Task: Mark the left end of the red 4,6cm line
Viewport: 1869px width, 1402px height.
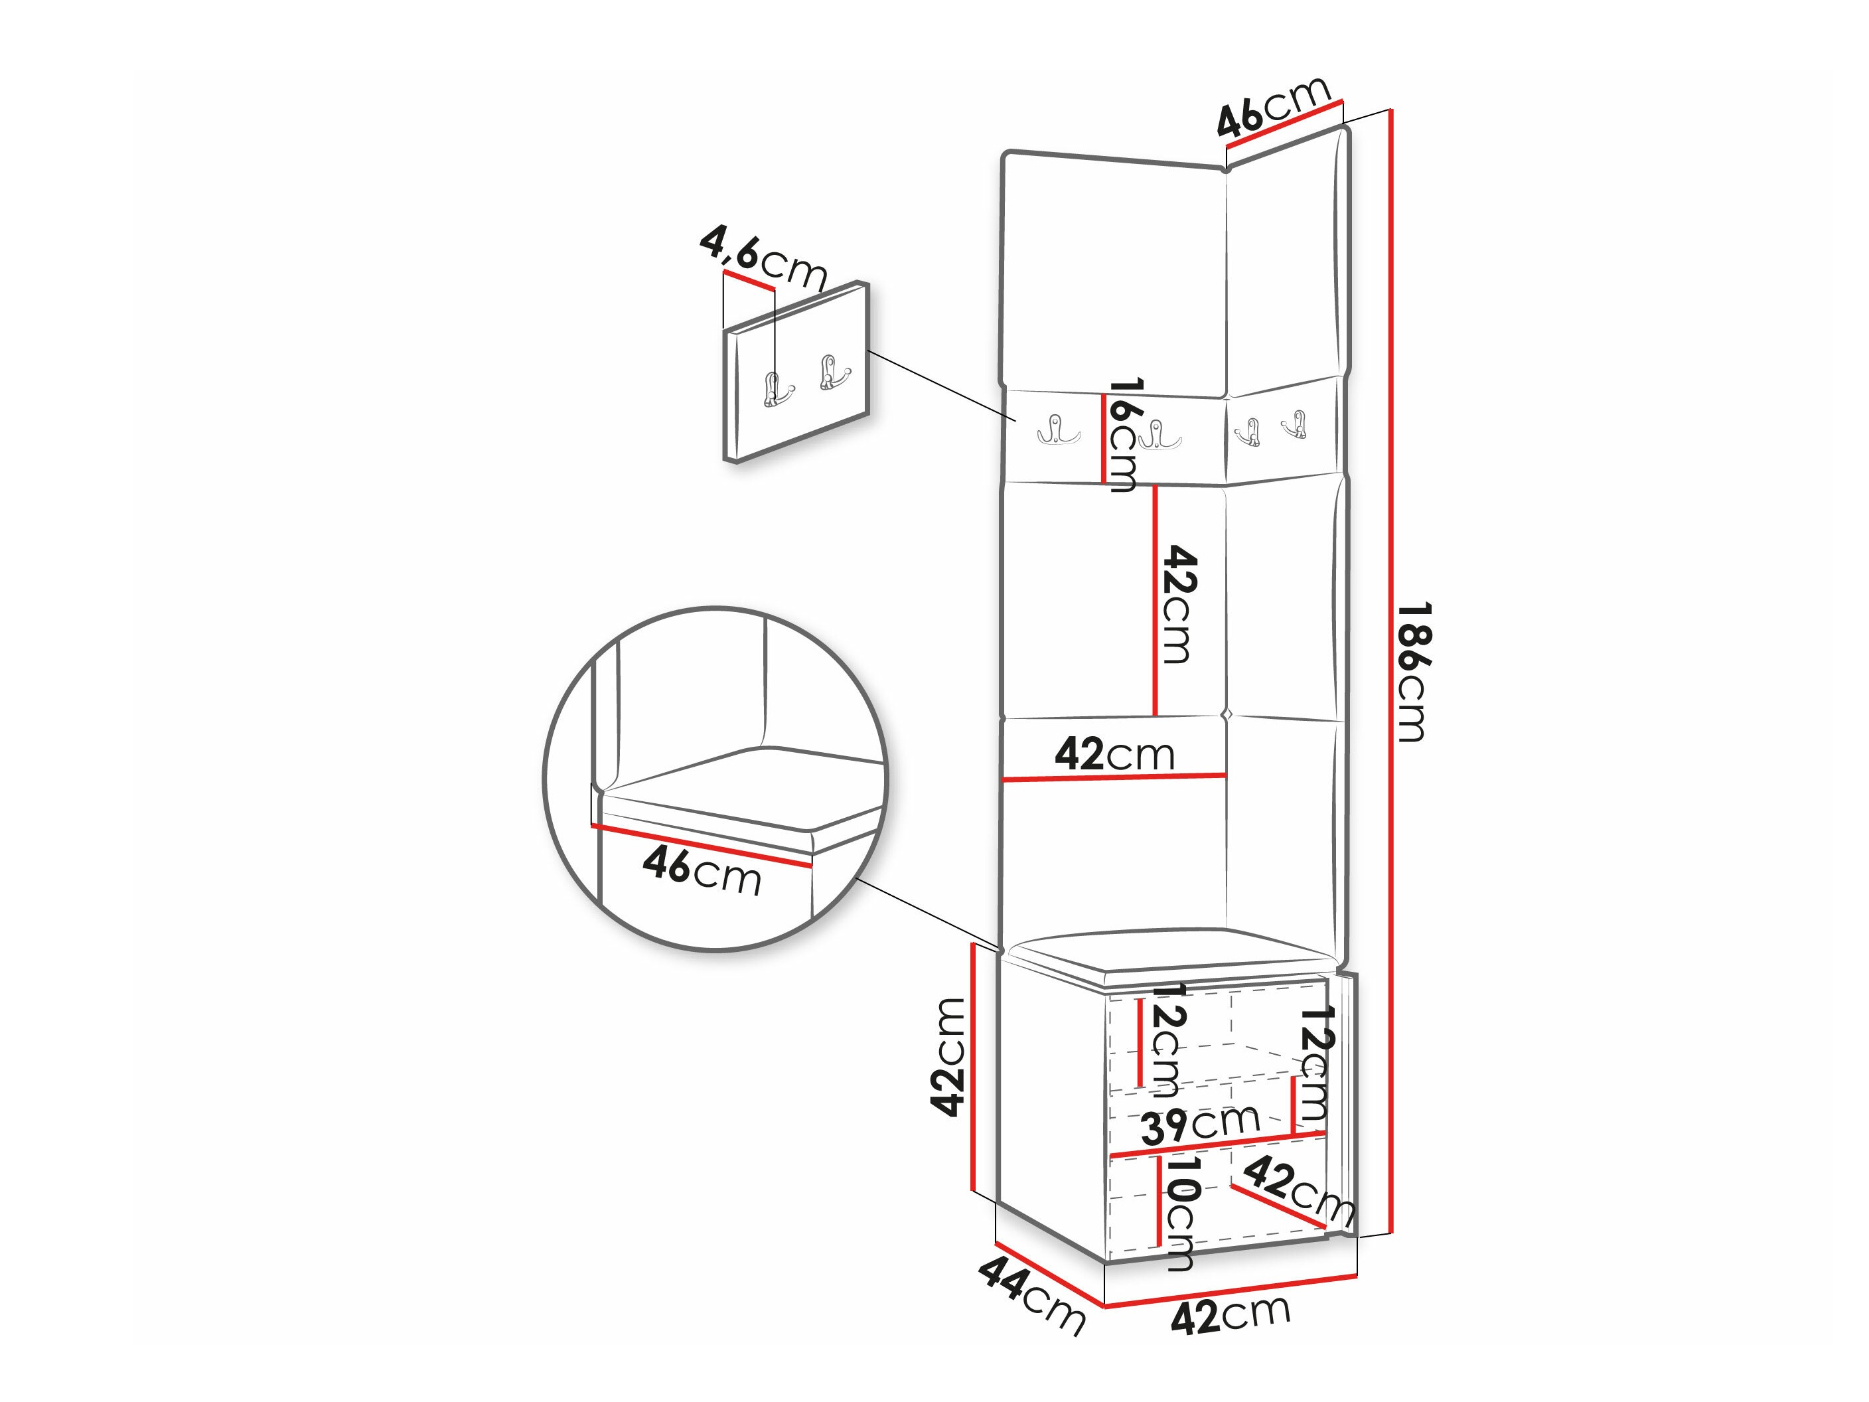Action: pos(723,273)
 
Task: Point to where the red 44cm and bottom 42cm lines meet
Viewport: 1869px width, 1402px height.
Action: pos(1105,1306)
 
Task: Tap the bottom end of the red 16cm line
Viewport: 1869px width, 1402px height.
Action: pos(1104,482)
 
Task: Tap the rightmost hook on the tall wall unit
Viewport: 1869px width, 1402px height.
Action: pos(1294,423)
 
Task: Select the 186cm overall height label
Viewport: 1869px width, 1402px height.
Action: pos(1412,672)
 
